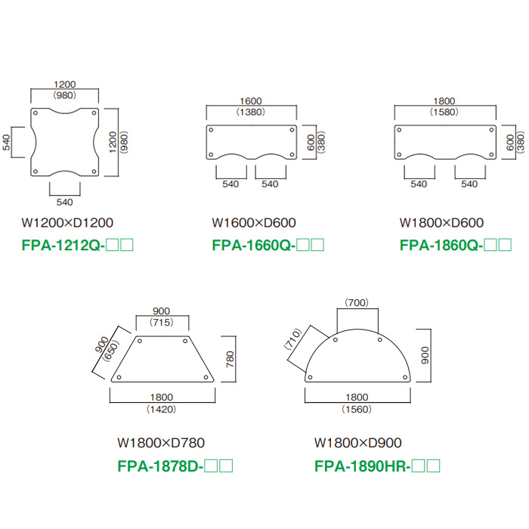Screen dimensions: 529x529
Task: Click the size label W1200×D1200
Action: tap(67, 223)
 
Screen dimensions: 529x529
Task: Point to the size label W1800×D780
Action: tap(161, 443)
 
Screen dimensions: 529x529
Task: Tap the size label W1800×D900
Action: tap(357, 443)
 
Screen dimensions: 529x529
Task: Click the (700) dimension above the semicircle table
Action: tap(357, 302)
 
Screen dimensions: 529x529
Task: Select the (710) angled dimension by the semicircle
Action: tap(293, 339)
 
